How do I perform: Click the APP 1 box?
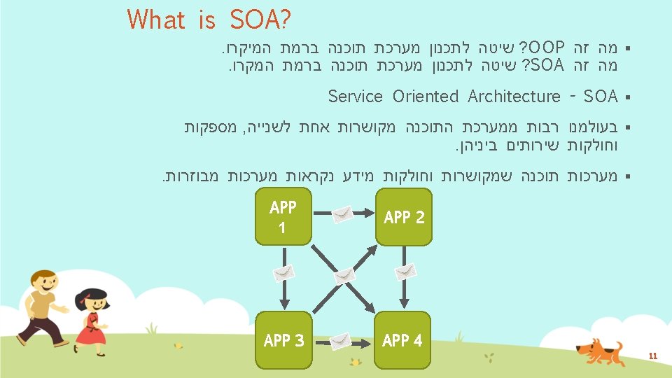[x=283, y=217]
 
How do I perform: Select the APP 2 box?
[x=403, y=217]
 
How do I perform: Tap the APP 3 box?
[x=283, y=340]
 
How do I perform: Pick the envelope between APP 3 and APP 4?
[x=342, y=341]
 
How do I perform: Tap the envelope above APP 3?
[x=283, y=274]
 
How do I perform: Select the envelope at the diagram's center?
[x=344, y=276]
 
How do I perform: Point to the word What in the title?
[x=156, y=20]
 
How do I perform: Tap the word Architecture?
[x=514, y=96]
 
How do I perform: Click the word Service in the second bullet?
[x=355, y=96]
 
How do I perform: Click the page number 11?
[x=652, y=356]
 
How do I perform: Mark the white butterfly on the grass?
[x=178, y=344]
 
